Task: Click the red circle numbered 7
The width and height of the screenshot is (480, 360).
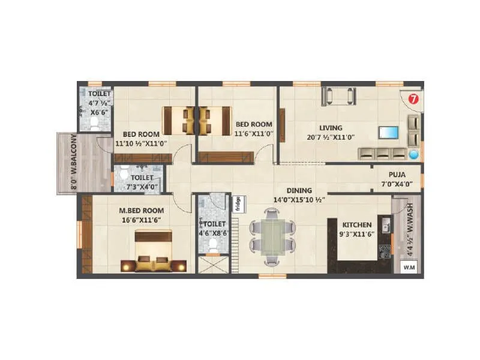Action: coord(413,98)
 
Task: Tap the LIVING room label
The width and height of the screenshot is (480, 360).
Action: coord(331,128)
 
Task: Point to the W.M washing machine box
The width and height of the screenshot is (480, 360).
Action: coord(409,267)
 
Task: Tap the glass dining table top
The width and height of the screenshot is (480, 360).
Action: coord(272,235)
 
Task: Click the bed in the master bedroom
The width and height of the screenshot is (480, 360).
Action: coord(152,252)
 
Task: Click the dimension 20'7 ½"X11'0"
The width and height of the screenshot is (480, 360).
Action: coord(331,137)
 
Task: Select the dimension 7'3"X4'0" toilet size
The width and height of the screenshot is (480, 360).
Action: coord(142,187)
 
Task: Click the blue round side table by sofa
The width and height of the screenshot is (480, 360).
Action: coord(413,154)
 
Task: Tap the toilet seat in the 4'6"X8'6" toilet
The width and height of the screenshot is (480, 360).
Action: coord(213,244)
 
